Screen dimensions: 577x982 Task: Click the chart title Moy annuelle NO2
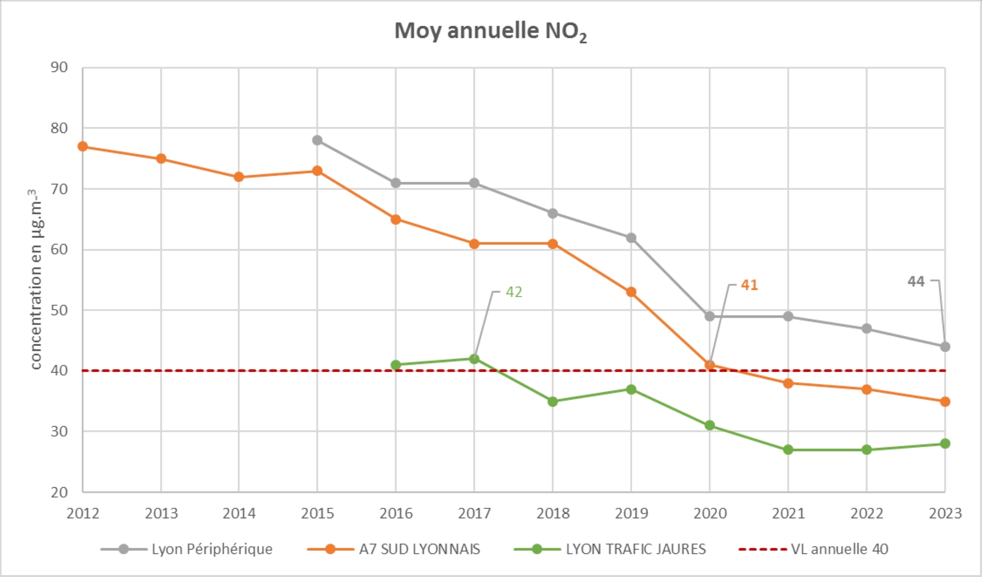point(490,31)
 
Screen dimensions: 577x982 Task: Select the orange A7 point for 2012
point(83,147)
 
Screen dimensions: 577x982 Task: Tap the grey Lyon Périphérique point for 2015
point(317,141)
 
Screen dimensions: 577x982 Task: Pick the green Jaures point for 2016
point(396,365)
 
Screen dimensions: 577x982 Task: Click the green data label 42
point(514,292)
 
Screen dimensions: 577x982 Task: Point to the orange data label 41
point(749,285)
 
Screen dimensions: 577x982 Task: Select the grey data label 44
point(916,282)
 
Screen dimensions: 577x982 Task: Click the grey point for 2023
point(945,347)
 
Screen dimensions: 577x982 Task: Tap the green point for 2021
point(788,450)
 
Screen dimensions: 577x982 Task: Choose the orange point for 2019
point(631,292)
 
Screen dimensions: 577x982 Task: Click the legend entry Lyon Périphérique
point(211,549)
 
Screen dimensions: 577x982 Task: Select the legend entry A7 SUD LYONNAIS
point(419,549)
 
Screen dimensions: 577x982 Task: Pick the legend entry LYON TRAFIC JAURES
point(635,549)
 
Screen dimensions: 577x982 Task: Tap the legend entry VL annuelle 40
point(839,549)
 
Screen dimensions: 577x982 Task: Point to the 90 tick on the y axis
point(59,68)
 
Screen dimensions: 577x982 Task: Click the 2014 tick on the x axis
point(239,513)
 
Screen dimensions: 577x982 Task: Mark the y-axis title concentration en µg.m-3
point(35,279)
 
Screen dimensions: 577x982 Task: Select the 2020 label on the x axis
point(710,513)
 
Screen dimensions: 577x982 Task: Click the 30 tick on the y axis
point(59,431)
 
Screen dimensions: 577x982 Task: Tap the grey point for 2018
point(553,213)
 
